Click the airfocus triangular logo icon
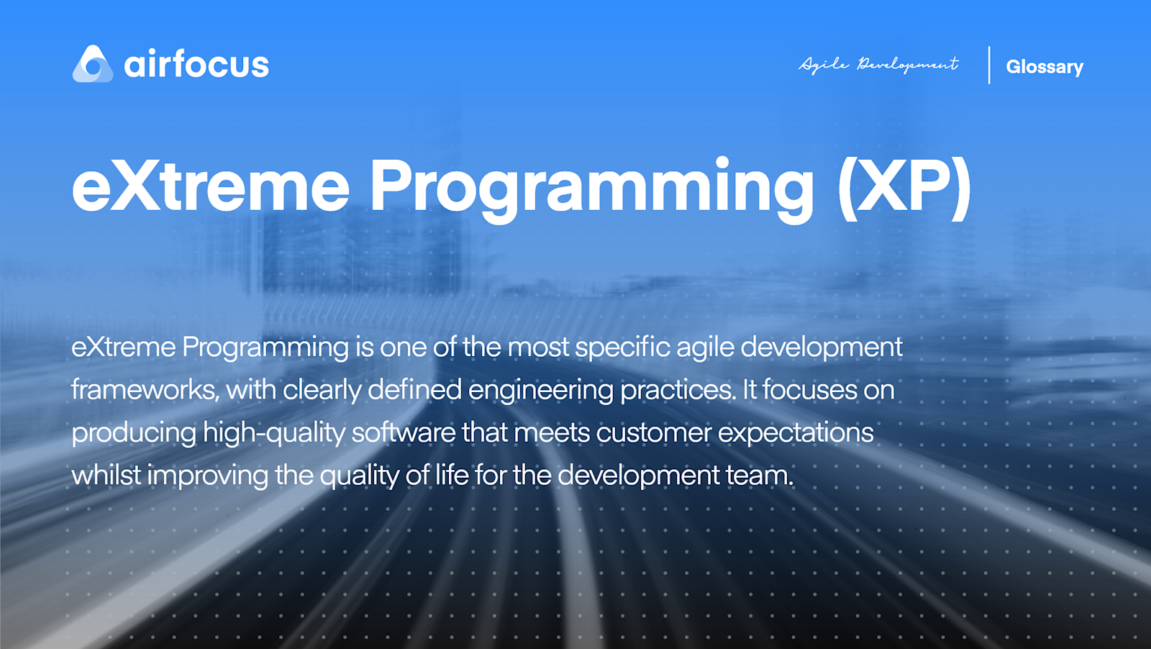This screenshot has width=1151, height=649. pos(93,64)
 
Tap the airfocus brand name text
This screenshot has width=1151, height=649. pos(196,65)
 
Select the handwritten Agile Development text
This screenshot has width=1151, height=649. pos(878,65)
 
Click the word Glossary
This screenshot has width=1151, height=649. pos(1045,67)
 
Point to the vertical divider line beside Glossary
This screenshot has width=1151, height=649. pos(989,65)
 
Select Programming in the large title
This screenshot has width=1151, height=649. pos(592,188)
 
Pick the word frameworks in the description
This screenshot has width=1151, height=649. pos(145,390)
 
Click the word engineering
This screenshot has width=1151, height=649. pos(540,391)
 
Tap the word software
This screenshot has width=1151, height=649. pos(404,432)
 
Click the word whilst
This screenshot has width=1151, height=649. pos(106,475)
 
